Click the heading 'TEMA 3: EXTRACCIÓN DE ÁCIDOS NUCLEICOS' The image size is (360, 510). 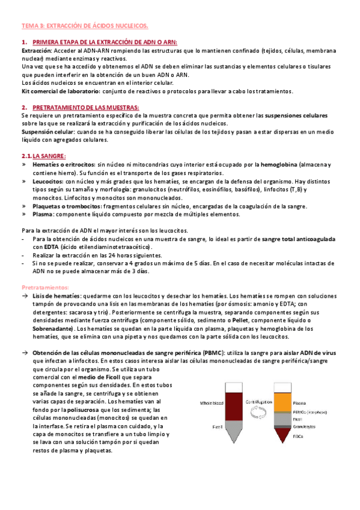[x=84, y=26]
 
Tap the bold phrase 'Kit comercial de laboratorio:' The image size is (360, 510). [x=60, y=91]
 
